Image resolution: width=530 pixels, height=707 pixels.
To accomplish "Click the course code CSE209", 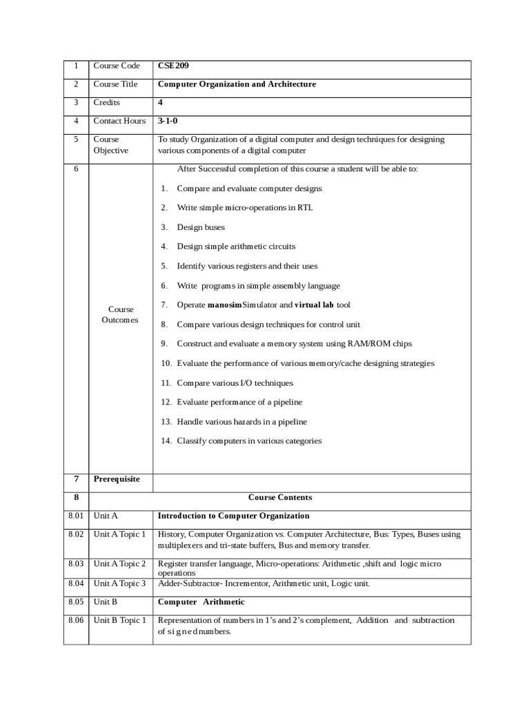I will (173, 66).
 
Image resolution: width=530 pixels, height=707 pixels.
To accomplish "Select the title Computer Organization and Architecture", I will (237, 84).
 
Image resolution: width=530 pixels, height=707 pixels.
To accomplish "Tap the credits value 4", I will (160, 102).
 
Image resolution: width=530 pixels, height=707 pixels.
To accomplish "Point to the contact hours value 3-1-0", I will (168, 121).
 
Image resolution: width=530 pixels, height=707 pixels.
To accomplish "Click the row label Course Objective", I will (111, 145).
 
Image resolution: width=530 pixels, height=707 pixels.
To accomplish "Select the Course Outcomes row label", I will (121, 315).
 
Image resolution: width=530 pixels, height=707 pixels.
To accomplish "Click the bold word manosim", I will (224, 304).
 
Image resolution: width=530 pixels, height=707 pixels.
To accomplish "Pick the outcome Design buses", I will (200, 227).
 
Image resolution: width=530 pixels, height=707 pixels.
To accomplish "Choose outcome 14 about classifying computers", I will (248, 441).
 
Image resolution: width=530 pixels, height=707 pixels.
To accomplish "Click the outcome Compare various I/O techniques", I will (235, 382).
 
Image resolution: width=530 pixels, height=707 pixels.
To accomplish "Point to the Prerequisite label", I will (117, 479).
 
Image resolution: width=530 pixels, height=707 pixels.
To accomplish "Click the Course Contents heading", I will (279, 497).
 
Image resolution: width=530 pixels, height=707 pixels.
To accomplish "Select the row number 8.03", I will (76, 564).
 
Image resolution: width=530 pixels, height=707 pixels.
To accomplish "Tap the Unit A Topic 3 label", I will (120, 583).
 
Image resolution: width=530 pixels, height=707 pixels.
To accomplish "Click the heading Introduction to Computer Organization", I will (233, 516).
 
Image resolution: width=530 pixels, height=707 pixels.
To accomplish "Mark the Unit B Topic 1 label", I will (120, 620).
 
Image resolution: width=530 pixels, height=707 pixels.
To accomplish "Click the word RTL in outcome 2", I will (305, 208).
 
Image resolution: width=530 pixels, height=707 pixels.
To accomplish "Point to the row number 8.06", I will (76, 620).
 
